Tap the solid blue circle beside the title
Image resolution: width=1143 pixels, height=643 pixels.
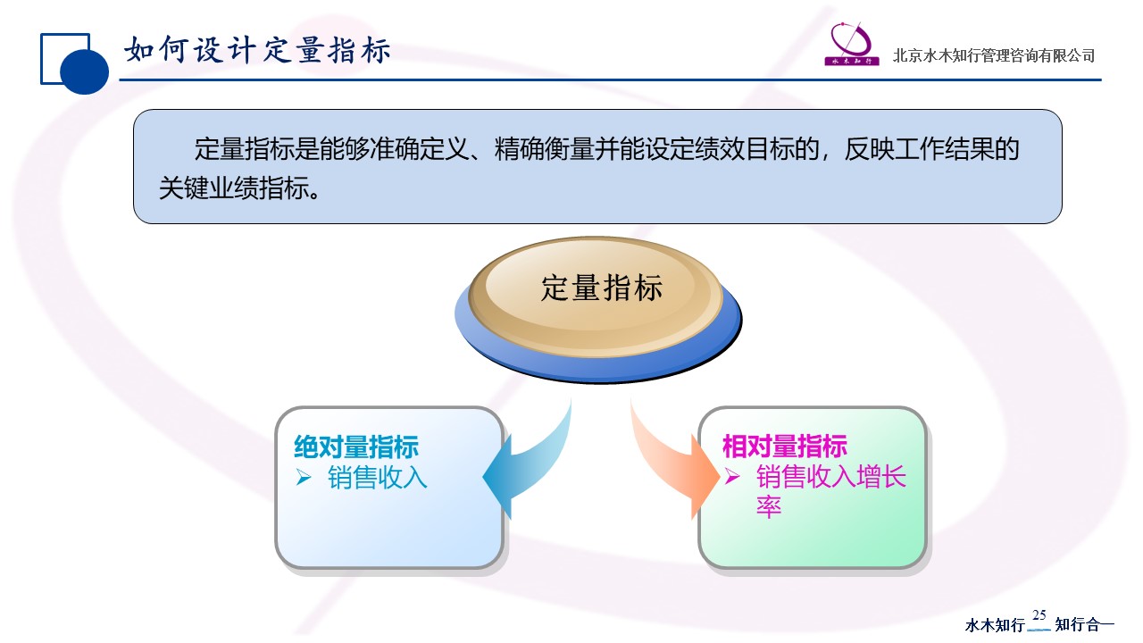[x=84, y=71]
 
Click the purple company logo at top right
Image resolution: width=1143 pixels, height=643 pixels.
[x=852, y=44]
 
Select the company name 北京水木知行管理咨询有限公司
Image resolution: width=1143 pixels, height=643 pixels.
[x=994, y=55]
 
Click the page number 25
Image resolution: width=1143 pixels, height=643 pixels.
[x=1039, y=615]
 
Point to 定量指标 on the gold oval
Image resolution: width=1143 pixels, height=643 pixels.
[x=602, y=288]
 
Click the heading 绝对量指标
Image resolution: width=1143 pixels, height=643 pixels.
[x=356, y=447]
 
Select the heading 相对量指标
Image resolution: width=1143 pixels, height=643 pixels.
[x=785, y=447]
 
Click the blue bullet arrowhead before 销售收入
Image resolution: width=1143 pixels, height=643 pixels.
[x=304, y=478]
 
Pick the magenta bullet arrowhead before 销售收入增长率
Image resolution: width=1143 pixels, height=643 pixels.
[x=732, y=477]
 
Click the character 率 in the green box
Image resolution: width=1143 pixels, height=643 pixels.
[x=769, y=506]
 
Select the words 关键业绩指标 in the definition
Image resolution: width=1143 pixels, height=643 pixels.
[x=234, y=188]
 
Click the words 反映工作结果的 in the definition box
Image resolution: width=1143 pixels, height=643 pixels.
[x=931, y=149]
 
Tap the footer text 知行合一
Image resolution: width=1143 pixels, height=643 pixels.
[x=1085, y=624]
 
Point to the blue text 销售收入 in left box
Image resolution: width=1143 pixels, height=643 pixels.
[x=378, y=478]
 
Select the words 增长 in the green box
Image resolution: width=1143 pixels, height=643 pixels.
[x=881, y=477]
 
